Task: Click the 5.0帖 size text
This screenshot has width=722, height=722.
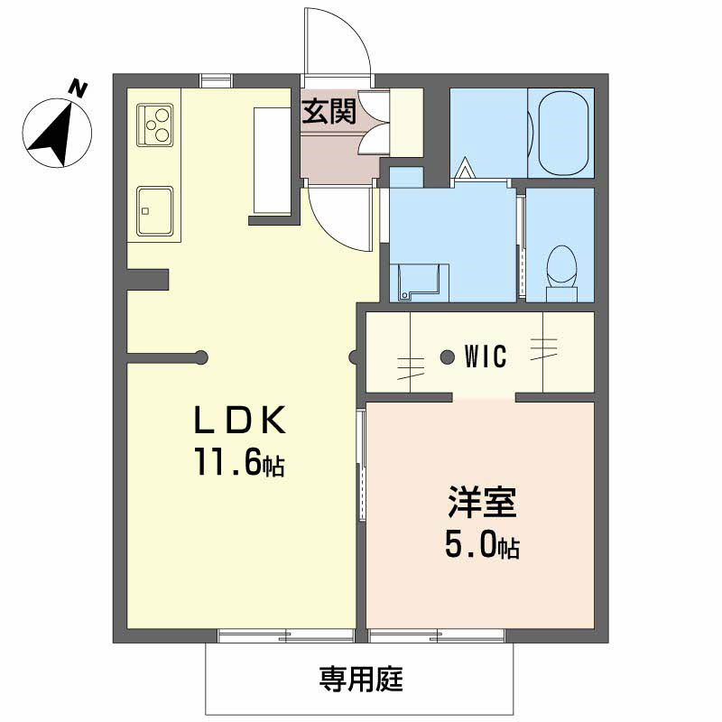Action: coord(481,544)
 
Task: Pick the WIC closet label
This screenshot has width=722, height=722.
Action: coord(485,356)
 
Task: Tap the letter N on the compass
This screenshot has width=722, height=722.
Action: coord(79,88)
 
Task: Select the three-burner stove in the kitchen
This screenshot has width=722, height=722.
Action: coord(155,125)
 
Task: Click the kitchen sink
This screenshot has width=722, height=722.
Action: coord(155,210)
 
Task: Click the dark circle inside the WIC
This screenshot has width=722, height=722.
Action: coord(447,357)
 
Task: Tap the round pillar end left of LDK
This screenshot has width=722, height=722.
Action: coord(201,357)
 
